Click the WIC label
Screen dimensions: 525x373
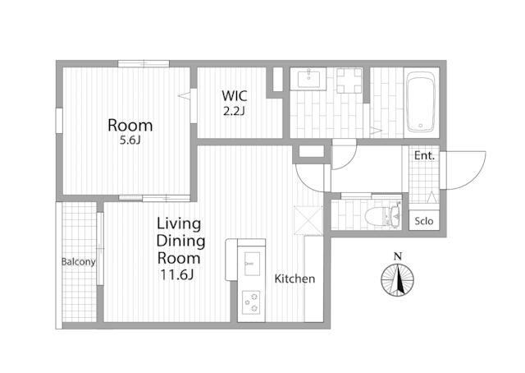click(x=235, y=96)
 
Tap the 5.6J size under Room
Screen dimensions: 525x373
click(x=130, y=140)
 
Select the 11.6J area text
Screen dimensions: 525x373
click(x=177, y=275)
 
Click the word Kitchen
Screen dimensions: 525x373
click(x=294, y=279)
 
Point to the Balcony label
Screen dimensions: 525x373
click(x=79, y=261)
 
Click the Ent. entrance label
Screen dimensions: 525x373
click(x=424, y=155)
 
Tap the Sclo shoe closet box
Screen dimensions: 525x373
click(x=424, y=220)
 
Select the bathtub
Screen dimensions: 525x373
click(x=421, y=103)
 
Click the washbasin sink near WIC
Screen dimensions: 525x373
click(x=308, y=79)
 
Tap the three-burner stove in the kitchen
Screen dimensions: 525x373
click(x=251, y=302)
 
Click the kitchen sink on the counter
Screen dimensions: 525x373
click(x=252, y=264)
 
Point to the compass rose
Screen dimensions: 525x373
click(x=397, y=280)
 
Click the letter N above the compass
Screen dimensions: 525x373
click(x=398, y=257)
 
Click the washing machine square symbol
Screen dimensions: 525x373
click(x=349, y=81)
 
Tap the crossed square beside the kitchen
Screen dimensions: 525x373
click(x=308, y=220)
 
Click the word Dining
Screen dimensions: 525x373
click(x=180, y=242)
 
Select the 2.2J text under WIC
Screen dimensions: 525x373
click(x=235, y=111)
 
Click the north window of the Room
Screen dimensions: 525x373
click(x=144, y=64)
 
